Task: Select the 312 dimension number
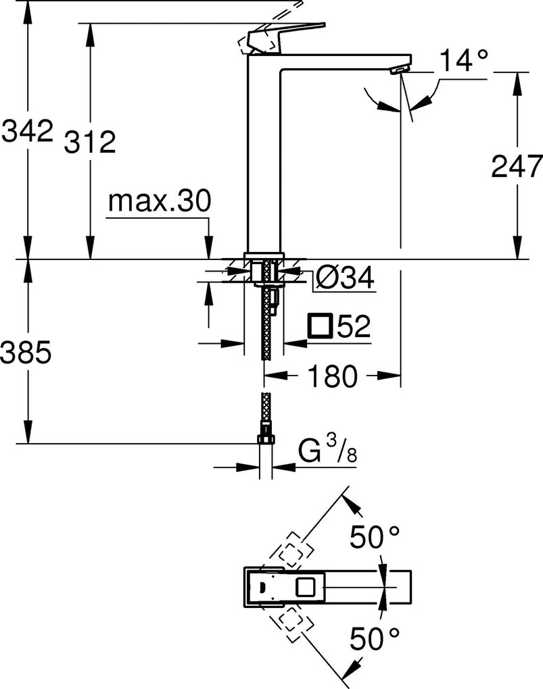tap(90, 143)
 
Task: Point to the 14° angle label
tap(465, 61)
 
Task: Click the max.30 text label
tap(160, 201)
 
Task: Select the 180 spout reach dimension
tap(331, 377)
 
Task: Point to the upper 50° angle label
tap(374, 538)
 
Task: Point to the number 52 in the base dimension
tap(352, 327)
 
